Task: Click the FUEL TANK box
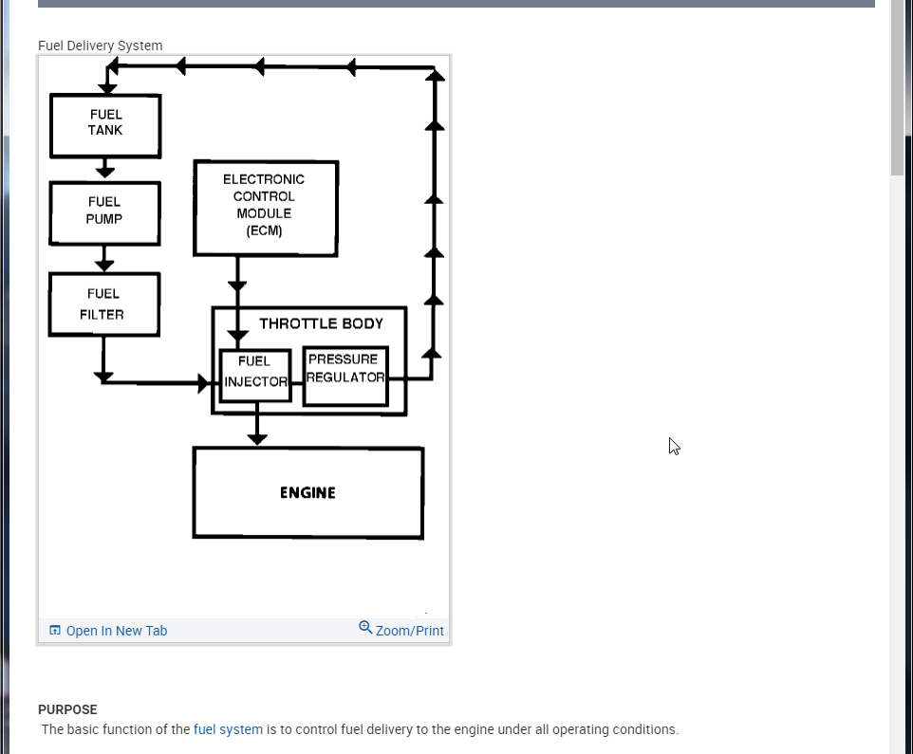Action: (105, 125)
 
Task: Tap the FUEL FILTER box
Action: (103, 304)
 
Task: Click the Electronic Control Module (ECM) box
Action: (265, 208)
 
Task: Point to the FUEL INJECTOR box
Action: (254, 374)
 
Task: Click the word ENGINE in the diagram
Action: (307, 493)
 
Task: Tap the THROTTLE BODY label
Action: (321, 323)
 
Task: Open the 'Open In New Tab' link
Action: (116, 631)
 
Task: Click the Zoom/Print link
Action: (409, 631)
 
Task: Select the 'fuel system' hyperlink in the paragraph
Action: (228, 729)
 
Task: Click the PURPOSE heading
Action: (67, 709)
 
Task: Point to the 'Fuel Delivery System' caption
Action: (100, 46)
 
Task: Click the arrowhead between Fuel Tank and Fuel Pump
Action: (105, 172)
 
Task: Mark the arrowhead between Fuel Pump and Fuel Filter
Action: (104, 265)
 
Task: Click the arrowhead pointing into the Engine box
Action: (256, 438)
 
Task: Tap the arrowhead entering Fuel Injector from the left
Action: (204, 383)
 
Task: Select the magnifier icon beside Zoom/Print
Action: (365, 628)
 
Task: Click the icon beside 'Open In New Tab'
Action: (55, 631)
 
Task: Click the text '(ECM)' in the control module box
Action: (264, 230)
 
